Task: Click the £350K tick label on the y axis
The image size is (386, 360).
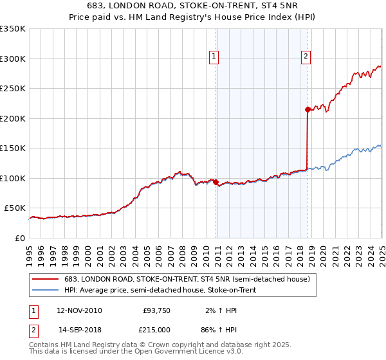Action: pyautogui.click(x=13, y=29)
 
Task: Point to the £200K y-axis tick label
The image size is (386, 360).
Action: pyautogui.click(x=13, y=118)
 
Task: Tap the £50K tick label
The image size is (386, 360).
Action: pyautogui.click(x=15, y=208)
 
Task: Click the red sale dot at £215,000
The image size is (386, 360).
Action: pyautogui.click(x=308, y=109)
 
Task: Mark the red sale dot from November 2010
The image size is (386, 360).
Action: pyautogui.click(x=216, y=182)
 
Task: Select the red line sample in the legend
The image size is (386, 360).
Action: pyautogui.click(x=46, y=279)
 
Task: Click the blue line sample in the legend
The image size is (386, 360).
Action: pyautogui.click(x=46, y=290)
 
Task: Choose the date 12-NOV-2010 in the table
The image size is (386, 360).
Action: pyautogui.click(x=79, y=310)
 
